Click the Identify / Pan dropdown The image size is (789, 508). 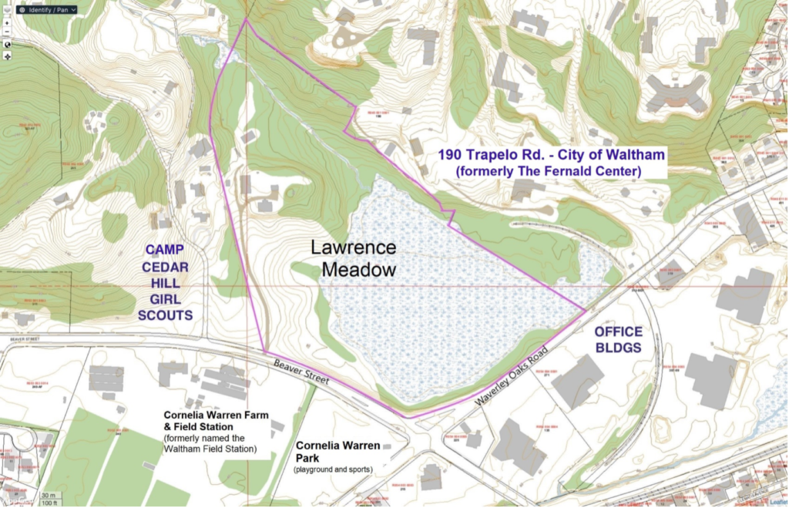coord(47,10)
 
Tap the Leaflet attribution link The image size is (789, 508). coord(777,501)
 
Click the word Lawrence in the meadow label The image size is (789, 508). coord(353,247)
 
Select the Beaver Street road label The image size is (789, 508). coord(302,372)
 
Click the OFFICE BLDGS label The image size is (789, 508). coord(617,338)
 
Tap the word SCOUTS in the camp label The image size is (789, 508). coord(165,315)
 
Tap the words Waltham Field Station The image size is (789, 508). coord(210,449)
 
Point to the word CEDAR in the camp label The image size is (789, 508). coord(165,266)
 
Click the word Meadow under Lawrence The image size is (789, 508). coord(358,270)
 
